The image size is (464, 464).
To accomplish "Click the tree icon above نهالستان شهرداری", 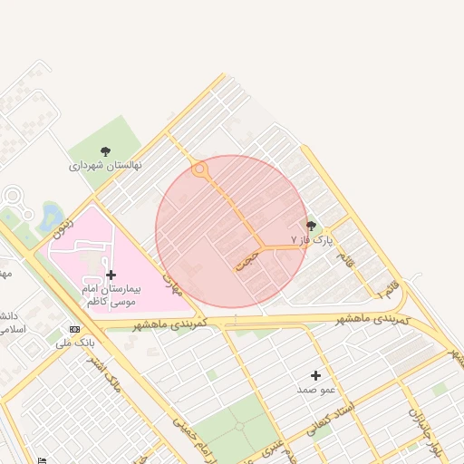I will [106, 152].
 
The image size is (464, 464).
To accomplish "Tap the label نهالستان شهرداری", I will [105, 167].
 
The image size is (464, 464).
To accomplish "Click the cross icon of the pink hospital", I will [111, 274].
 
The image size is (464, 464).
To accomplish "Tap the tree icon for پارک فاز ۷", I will [312, 226].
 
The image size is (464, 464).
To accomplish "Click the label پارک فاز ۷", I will [313, 240].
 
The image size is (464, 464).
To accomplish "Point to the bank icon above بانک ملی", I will [74, 329].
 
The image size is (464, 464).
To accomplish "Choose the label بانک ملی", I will [74, 343].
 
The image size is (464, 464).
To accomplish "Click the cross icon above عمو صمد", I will [315, 375].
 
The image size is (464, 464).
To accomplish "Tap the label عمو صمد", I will [316, 389].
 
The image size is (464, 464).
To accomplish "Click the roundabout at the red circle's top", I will [200, 169].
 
